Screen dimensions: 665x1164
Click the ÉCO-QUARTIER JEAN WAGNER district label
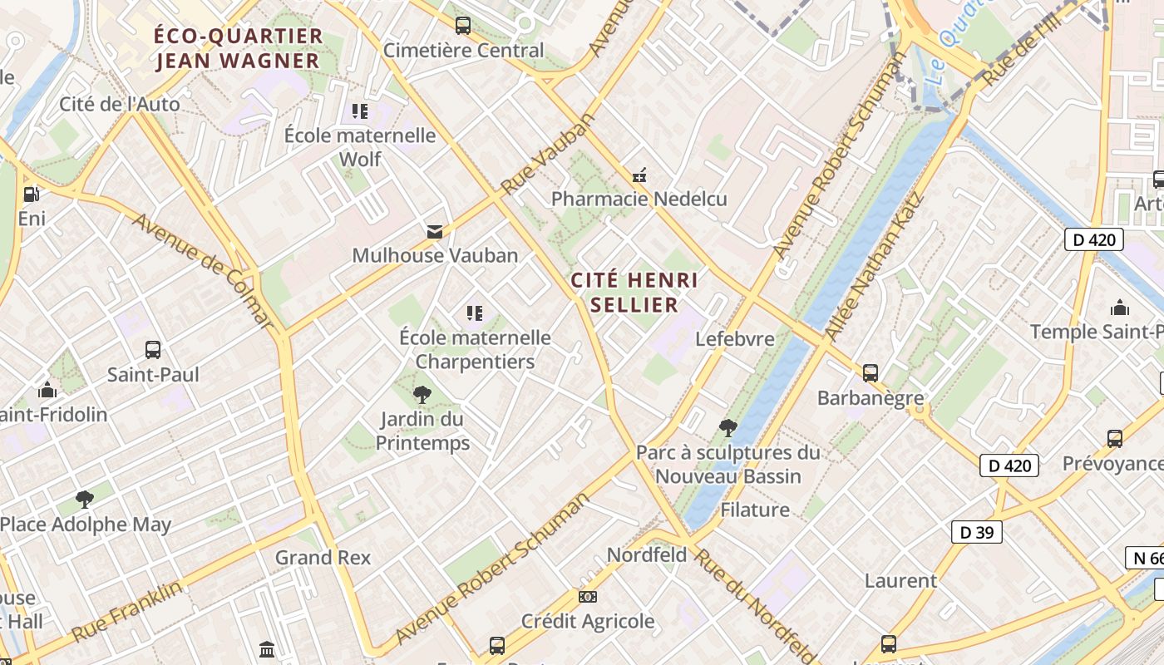(238, 48)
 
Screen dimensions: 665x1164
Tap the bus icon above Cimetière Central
(463, 26)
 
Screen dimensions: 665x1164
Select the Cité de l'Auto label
(120, 104)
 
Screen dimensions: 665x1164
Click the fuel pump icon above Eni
(32, 195)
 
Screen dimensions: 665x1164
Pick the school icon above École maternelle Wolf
(360, 111)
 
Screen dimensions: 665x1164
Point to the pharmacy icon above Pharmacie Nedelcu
(639, 175)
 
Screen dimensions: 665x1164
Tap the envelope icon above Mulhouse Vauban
(435, 231)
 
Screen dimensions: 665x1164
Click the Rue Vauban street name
(549, 155)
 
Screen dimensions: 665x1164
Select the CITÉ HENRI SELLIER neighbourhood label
(634, 292)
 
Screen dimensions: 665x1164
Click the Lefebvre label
(735, 338)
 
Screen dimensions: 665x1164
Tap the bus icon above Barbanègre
(871, 373)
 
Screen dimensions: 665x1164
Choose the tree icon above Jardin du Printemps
(422, 394)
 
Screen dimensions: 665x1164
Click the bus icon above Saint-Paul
(153, 350)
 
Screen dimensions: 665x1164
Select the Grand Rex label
(323, 557)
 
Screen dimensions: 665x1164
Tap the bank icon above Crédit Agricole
(588, 597)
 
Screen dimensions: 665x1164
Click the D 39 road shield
(977, 532)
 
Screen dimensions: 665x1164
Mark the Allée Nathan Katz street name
(874, 266)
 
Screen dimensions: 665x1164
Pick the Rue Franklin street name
(126, 611)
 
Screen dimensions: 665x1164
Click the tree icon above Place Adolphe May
(84, 500)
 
